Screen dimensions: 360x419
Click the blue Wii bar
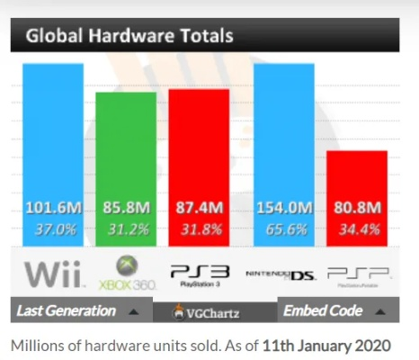(x=53, y=135)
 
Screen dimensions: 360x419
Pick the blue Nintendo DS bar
(x=284, y=135)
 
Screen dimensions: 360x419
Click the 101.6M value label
(x=53, y=209)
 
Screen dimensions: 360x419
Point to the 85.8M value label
(x=126, y=209)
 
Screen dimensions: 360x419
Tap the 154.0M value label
(x=284, y=209)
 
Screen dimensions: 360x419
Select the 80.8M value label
(x=357, y=209)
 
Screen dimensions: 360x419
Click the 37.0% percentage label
(x=53, y=229)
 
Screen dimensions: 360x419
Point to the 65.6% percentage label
(x=284, y=229)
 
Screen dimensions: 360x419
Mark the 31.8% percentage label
(x=200, y=229)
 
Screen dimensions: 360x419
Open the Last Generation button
(x=76, y=311)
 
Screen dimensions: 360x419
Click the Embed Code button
(x=337, y=311)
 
